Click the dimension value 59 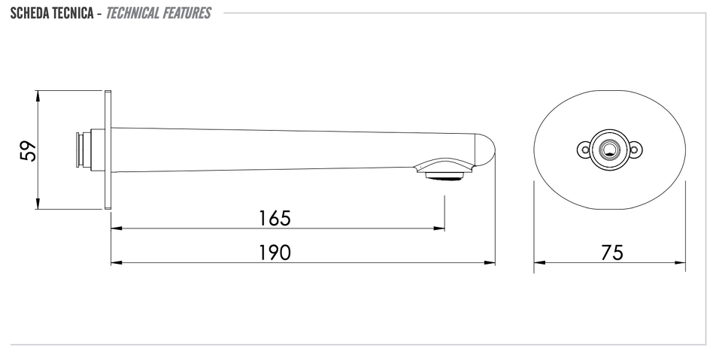pyautogui.click(x=29, y=150)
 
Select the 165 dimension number pyautogui.click(x=275, y=218)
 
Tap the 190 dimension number pyautogui.click(x=275, y=253)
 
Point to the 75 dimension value pyautogui.click(x=612, y=253)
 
